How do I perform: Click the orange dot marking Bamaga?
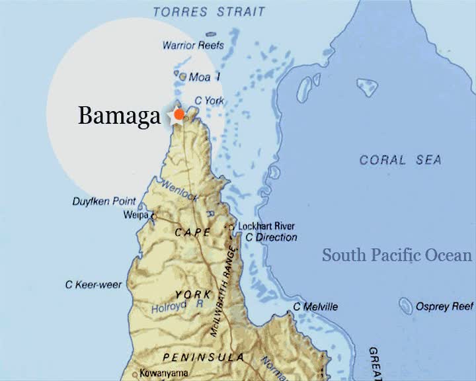click(178, 114)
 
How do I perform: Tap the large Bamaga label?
click(119, 116)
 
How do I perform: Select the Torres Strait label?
click(208, 11)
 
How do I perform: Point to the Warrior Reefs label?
click(193, 46)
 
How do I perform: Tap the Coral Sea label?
click(400, 160)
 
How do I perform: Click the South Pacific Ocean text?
click(397, 255)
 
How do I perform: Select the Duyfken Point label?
click(104, 201)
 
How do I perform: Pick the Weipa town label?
click(135, 215)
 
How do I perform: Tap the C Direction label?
click(271, 237)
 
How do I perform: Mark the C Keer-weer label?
click(93, 284)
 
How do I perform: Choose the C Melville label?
click(315, 307)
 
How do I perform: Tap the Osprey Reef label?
click(445, 307)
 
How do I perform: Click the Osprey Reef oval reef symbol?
click(406, 305)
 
